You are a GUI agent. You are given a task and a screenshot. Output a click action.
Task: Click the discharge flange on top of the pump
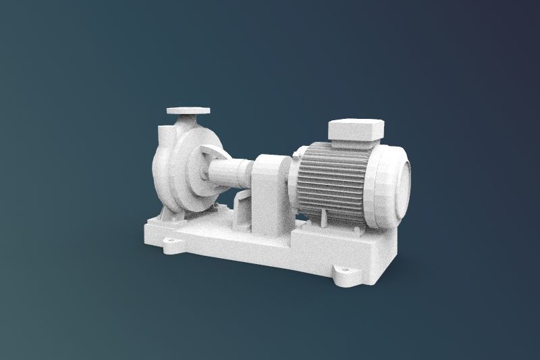[188, 109]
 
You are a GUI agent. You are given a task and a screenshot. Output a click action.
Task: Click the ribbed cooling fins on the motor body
[331, 179]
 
